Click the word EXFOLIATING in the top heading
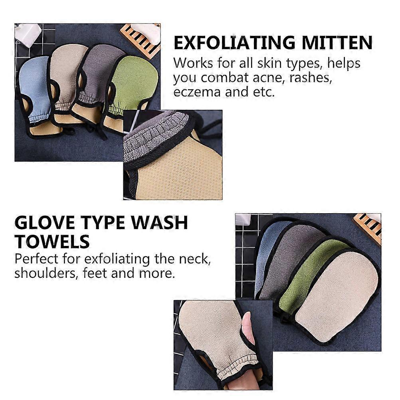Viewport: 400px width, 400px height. coord(234,43)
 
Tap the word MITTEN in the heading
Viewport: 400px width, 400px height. coord(337,43)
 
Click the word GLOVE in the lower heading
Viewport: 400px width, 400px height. coord(45,222)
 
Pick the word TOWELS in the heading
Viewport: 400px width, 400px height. coord(52,242)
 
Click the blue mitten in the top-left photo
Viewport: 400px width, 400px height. coord(36,92)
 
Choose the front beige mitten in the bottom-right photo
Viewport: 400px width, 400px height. coord(337,296)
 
